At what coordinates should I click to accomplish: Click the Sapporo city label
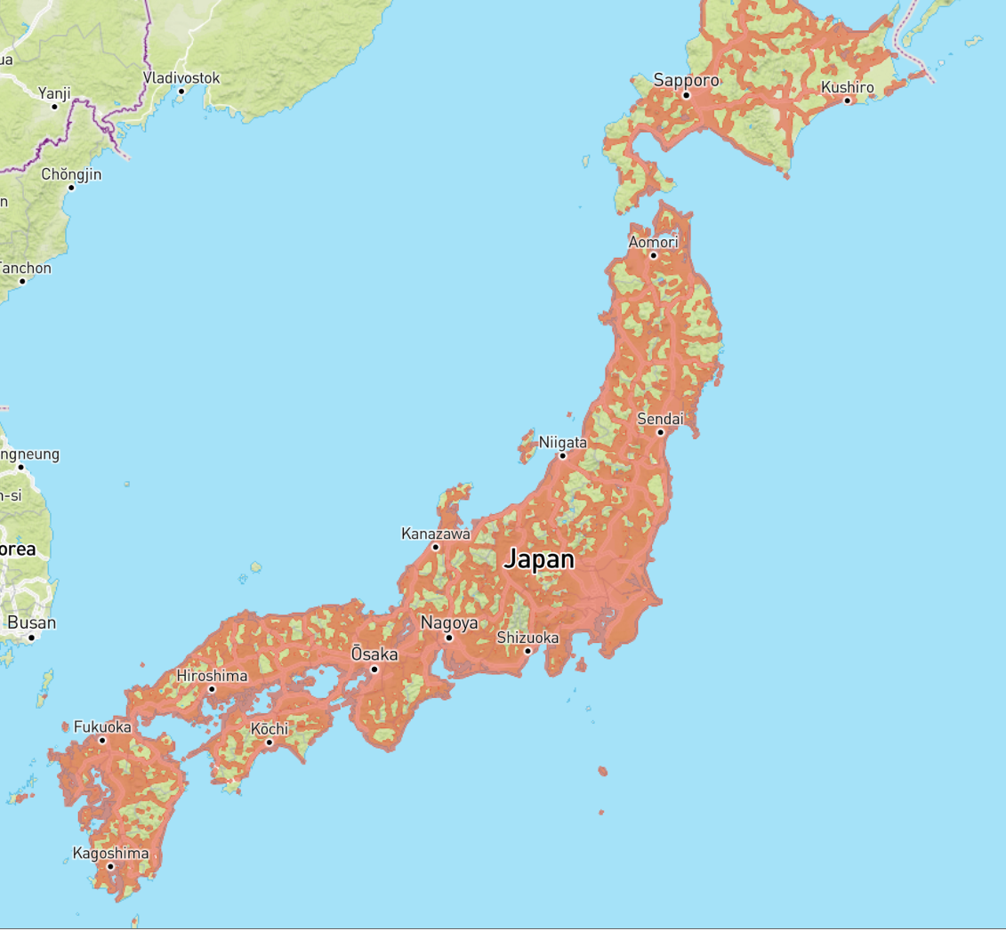686,80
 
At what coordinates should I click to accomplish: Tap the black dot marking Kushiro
848,100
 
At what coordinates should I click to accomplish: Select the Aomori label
653,242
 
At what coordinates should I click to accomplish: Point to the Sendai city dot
660,432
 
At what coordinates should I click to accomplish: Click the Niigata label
562,442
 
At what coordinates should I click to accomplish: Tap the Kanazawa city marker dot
436,547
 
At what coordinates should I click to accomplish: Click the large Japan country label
539,560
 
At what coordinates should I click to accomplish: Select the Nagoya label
449,622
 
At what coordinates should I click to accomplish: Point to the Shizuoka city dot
527,651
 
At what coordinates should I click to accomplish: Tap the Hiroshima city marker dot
212,689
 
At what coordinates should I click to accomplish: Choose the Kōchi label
269,729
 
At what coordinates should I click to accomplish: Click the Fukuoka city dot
102,740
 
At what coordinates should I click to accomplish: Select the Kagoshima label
110,854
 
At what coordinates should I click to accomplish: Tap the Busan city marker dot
31,637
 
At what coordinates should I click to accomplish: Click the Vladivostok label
181,78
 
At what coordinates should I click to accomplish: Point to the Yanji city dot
54,106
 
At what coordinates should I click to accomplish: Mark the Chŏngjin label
71,174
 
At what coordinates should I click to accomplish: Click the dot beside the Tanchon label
22,281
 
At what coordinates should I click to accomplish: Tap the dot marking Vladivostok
181,92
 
